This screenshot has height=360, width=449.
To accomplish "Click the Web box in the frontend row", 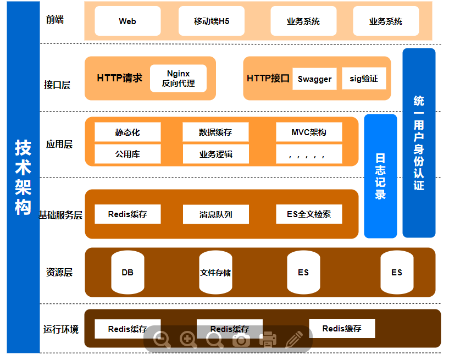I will (x=128, y=21).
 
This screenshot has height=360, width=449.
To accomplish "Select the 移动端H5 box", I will (x=212, y=21).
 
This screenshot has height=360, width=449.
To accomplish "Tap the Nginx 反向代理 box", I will (x=178, y=79).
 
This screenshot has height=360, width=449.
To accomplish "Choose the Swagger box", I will (x=314, y=79).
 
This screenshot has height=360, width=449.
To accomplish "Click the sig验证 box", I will (x=364, y=79).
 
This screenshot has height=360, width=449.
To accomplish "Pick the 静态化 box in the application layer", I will (x=128, y=132).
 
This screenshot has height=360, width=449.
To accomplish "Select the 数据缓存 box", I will (x=215, y=132).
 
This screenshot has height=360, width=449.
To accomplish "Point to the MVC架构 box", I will (x=309, y=132).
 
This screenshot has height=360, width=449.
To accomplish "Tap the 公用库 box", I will (x=128, y=154).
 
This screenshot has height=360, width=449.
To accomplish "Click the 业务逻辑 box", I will (x=215, y=154).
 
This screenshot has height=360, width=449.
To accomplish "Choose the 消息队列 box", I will (x=215, y=214).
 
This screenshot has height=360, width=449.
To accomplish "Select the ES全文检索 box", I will (x=309, y=214).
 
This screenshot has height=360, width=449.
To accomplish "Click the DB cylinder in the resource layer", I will (x=128, y=272).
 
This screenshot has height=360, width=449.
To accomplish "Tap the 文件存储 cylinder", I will (x=215, y=272).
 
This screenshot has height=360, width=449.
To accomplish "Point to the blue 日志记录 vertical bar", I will (x=380, y=176).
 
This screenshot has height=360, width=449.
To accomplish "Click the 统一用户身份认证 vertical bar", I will (x=419, y=143).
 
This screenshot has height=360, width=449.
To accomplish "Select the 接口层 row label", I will (x=57, y=85).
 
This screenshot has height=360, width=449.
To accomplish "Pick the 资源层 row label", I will (x=59, y=272).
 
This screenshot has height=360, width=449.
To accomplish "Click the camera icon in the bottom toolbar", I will (x=241, y=340).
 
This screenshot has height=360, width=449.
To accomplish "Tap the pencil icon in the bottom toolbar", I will (x=295, y=340).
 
